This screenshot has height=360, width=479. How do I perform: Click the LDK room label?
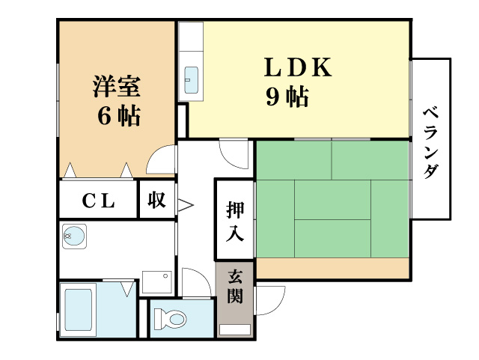tap(298, 67)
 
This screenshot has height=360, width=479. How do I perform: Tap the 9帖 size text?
tap(287, 97)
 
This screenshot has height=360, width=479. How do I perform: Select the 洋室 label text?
tap(117, 86)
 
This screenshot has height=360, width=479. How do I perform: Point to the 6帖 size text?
tap(119, 116)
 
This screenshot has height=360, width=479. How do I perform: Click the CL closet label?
tap(98, 201)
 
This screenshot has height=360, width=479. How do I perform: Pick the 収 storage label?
tap(156, 200)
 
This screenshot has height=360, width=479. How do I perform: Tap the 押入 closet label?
tap(235, 221)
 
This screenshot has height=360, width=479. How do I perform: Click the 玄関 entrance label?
tap(235, 287)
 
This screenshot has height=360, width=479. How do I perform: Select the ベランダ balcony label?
tap(431, 142)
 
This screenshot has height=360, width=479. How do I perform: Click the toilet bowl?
tap(171, 319)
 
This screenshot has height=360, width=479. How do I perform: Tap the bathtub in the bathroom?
tap(78, 310)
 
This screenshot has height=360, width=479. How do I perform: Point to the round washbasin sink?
tap(73, 237)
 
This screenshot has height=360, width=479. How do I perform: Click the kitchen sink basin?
tap(192, 80)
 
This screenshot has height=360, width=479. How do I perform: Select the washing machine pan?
tap(157, 282)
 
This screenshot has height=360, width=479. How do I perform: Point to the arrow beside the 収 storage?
tap(185, 205)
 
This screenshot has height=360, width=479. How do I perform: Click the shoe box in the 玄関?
tap(235, 329)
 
